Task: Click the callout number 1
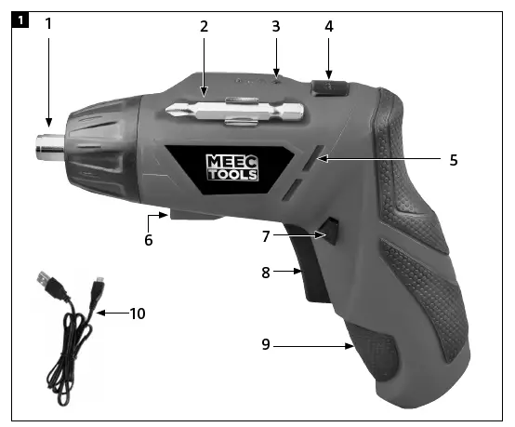pos(48,23)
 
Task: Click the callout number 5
pos(453,159)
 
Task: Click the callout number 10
pos(138,314)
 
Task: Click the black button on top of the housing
pos(331,89)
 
